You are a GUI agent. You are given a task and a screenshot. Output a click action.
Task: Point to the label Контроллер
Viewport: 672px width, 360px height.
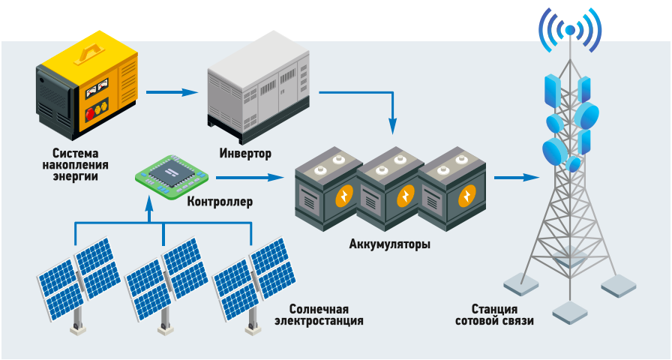tap(220, 201)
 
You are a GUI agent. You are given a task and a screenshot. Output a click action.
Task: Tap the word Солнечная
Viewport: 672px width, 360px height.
tap(319, 309)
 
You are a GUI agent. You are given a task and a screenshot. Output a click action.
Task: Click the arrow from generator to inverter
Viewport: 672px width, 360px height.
tap(172, 93)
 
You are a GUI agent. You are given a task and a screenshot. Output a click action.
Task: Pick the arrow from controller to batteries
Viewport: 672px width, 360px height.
tap(251, 178)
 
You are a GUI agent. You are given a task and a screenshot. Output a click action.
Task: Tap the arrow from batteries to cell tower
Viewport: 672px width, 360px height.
tap(517, 178)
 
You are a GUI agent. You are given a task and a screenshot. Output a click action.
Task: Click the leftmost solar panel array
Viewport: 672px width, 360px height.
tap(79, 277)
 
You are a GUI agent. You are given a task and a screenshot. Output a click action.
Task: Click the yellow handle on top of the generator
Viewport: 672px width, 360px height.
tap(91, 50)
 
